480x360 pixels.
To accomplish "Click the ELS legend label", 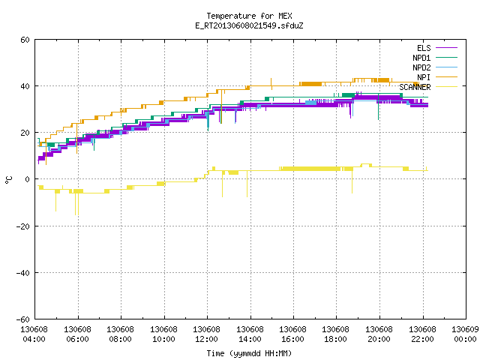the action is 424,48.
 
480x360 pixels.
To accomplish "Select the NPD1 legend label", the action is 421,58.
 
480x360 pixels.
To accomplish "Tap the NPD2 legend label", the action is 421,67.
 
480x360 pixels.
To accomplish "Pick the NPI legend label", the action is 424,77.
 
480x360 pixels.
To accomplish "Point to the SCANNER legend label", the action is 415,87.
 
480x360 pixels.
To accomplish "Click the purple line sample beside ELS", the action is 447,48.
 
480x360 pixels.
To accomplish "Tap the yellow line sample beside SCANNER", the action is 447,87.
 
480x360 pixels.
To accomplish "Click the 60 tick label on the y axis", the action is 25,40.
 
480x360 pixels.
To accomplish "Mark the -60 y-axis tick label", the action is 22,319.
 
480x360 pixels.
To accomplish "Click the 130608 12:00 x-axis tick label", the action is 207,334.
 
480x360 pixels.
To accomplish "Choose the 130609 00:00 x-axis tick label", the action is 465,334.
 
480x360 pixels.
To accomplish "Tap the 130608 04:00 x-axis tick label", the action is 34,334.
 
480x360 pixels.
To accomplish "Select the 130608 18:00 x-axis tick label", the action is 335,334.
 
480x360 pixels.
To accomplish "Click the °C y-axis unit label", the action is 8,180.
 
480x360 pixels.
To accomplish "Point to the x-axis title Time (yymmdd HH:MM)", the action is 249,353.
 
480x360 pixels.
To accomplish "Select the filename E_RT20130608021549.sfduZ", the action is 249,25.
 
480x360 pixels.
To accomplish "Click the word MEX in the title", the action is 285,16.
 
